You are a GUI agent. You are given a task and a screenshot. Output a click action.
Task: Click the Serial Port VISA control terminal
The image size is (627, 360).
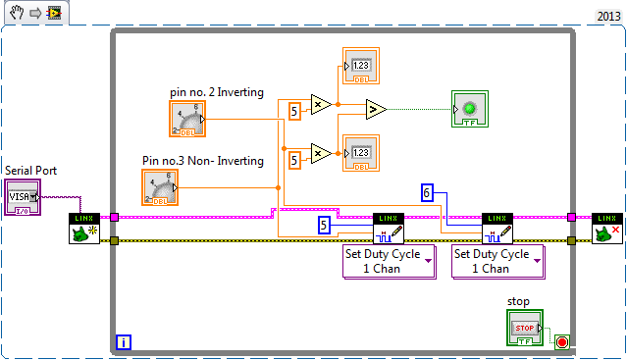pyautogui.click(x=23, y=196)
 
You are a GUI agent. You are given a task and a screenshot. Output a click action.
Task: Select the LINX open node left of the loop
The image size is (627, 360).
pyautogui.click(x=83, y=228)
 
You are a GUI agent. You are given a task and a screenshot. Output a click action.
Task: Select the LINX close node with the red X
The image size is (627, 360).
pyautogui.click(x=606, y=228)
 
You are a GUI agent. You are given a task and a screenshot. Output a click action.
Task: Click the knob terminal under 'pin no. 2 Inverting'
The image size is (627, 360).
pyautogui.click(x=187, y=119)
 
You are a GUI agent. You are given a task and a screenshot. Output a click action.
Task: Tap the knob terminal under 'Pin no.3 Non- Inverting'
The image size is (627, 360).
pyautogui.click(x=160, y=186)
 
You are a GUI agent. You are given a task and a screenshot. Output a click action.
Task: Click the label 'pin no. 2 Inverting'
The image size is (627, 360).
pyautogui.click(x=216, y=92)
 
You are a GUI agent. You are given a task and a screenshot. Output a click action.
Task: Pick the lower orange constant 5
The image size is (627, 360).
pyautogui.click(x=293, y=157)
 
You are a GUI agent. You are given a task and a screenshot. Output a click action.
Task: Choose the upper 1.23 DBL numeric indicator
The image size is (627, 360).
pyautogui.click(x=360, y=66)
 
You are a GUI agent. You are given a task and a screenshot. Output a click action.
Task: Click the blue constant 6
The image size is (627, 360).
pyautogui.click(x=427, y=193)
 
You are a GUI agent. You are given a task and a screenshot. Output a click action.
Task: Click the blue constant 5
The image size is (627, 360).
pyautogui.click(x=324, y=226)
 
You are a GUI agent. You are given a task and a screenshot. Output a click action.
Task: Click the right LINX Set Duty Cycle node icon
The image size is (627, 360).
pyautogui.click(x=497, y=228)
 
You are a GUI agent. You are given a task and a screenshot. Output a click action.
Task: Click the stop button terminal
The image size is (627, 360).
pyautogui.click(x=524, y=327)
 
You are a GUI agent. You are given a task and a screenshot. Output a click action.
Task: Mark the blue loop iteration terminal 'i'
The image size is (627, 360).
pyautogui.click(x=124, y=341)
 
